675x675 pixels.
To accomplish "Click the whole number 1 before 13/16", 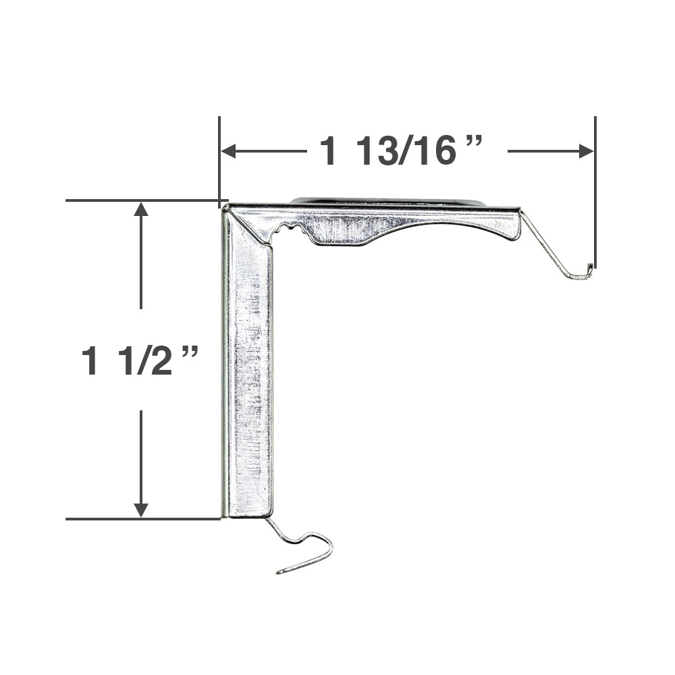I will click(329, 151).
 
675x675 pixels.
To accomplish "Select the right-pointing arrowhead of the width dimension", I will click(586, 151).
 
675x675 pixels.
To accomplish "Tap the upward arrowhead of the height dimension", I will click(141, 209).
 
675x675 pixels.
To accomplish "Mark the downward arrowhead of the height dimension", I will click(141, 510).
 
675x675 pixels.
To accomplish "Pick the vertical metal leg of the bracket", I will click(248, 378).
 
